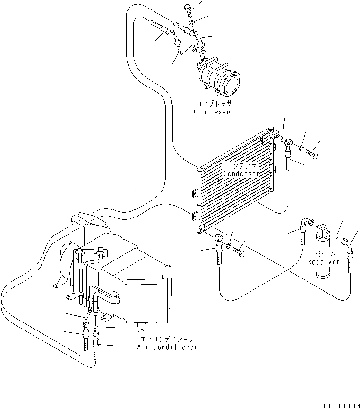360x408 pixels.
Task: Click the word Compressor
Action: [x=214, y=112]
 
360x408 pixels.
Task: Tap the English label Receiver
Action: [x=324, y=262]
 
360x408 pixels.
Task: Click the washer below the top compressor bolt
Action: [x=191, y=23]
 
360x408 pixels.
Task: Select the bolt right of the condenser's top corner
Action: [x=312, y=154]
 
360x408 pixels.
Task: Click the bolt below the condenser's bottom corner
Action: [x=241, y=253]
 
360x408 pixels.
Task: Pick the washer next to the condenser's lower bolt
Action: [x=229, y=246]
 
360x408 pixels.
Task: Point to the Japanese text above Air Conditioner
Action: [x=167, y=339]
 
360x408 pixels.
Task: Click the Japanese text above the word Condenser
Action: [x=241, y=166]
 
